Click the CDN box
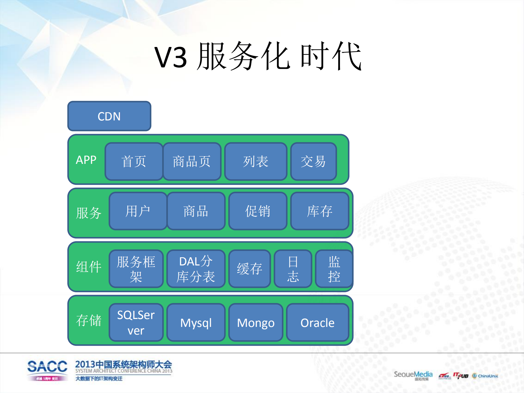pos(109,116)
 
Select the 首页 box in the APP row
pos(134,161)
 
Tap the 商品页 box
pos(192,161)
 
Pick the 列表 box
pos(256,161)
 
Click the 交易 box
pos(313,161)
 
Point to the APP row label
pos(86,160)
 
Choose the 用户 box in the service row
pos(138,211)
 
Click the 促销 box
pos(258,211)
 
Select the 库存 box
pos(320,211)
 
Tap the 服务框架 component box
pos(136,269)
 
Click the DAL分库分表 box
pos(196,269)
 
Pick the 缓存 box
pos(249,269)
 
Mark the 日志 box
pos(293,269)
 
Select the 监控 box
pos(334,269)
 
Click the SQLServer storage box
pos(136,323)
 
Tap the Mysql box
pos(196,323)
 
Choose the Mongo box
pos(256,323)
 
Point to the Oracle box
pos(318,323)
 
